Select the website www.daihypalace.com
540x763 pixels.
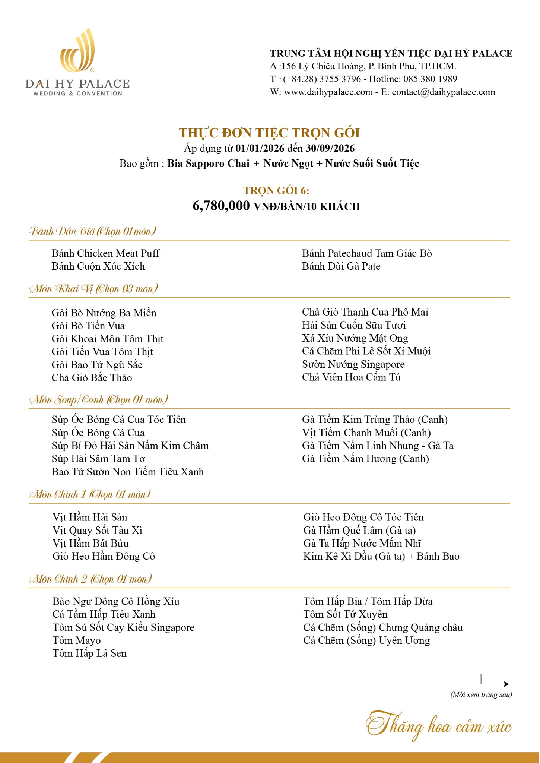pos(328,92)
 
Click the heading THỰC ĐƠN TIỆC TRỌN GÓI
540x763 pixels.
pos(269,133)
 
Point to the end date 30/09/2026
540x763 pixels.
pos(330,148)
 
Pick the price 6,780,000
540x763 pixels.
pos(221,206)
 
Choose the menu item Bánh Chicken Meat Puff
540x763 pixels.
pos(105,253)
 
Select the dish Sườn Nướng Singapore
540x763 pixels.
pos(353,364)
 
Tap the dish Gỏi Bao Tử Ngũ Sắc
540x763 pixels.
pos(97,365)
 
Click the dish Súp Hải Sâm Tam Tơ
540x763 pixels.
pos(98,459)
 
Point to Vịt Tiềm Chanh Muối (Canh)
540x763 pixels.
pos(366,433)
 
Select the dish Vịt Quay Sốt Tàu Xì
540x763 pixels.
pos(97,530)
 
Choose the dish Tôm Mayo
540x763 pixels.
pos(77,640)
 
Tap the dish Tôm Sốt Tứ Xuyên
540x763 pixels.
pos(345,614)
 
